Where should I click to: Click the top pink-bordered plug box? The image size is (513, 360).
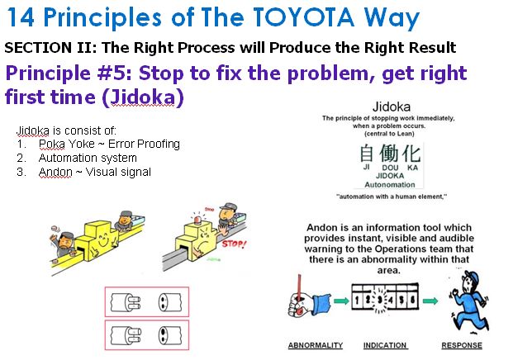tap(145, 302)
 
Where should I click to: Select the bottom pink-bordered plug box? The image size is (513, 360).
tap(145, 337)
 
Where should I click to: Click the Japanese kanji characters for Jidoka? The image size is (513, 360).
tap(389, 154)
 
